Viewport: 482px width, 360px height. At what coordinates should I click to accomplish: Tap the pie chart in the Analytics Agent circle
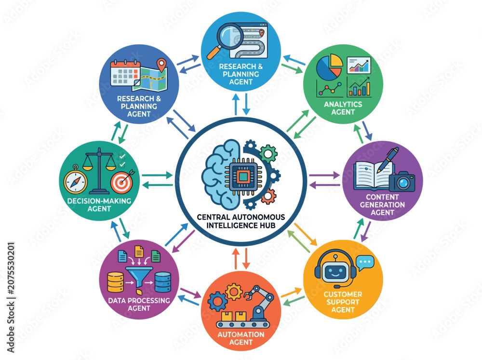329,67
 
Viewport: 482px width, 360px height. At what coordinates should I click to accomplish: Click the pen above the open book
388,160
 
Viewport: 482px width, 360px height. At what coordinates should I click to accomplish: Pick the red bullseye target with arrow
122,181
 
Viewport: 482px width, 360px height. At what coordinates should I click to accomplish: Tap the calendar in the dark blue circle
125,73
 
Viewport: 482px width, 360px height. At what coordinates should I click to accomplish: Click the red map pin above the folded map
161,65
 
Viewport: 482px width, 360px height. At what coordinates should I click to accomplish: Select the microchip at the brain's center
243,176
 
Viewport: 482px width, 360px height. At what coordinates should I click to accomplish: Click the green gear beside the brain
268,153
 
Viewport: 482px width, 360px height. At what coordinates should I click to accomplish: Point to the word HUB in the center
267,226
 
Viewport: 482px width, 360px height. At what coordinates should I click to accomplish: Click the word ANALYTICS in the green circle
343,105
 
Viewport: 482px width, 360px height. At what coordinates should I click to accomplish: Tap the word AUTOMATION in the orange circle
241,334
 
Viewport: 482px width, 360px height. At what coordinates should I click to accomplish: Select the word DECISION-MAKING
99,201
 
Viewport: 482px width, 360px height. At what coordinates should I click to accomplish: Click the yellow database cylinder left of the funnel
115,282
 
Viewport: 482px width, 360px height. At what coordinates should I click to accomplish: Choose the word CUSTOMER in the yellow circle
343,294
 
